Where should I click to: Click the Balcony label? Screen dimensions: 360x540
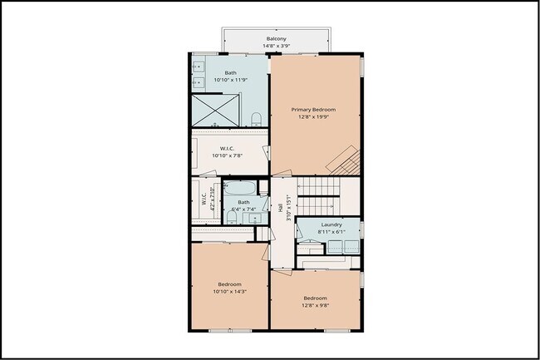(277, 39)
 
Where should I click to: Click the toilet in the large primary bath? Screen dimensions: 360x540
(257, 118)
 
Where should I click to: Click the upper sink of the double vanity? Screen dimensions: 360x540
(200, 65)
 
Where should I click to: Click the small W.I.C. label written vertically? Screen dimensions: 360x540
(204, 200)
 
